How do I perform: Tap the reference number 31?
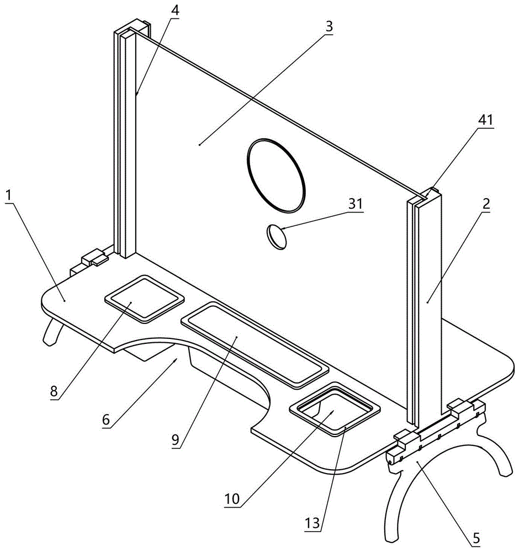pyautogui.click(x=355, y=204)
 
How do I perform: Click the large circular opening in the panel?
pyautogui.click(x=276, y=174)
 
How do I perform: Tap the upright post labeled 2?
pyautogui.click(x=425, y=309)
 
